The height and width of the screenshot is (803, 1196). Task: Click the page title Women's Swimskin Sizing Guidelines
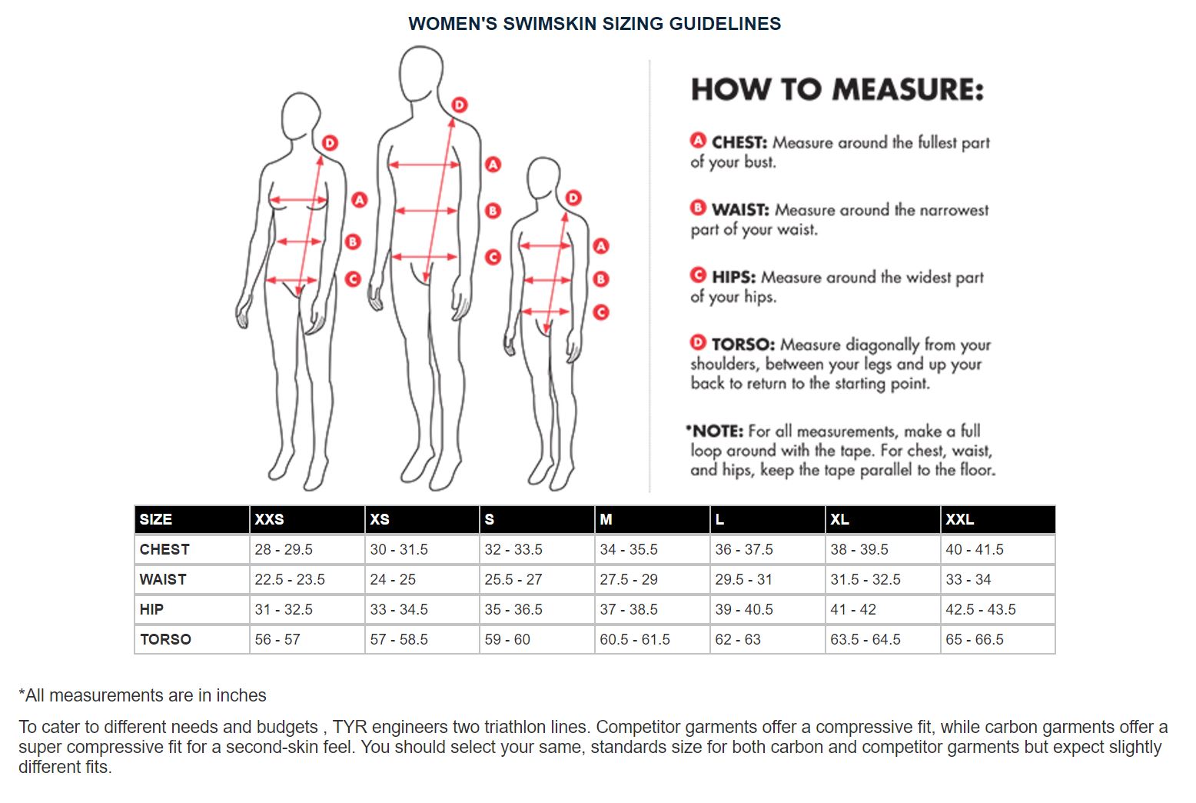click(594, 24)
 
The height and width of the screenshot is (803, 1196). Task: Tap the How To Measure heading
click(837, 90)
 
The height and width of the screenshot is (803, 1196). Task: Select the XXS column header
click(269, 519)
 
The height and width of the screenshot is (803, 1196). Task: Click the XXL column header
click(959, 519)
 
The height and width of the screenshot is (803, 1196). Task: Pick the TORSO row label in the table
click(165, 639)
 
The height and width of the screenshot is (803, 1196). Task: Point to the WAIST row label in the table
click(163, 579)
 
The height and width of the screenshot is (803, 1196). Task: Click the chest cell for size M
click(629, 549)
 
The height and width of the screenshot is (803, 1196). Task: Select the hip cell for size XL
click(853, 609)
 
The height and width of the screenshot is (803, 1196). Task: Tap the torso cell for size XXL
click(975, 639)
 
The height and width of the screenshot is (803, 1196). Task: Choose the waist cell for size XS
click(393, 579)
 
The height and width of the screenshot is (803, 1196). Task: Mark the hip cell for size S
click(513, 609)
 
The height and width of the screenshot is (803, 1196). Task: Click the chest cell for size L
click(744, 549)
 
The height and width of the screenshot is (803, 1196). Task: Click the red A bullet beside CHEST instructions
click(698, 141)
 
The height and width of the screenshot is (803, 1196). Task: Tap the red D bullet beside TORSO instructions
click(698, 343)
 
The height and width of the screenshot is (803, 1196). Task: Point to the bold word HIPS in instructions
click(733, 277)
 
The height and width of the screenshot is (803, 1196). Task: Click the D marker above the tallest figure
click(460, 105)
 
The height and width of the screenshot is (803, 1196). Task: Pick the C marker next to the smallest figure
click(601, 312)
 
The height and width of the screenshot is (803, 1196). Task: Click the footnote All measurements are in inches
click(143, 695)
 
